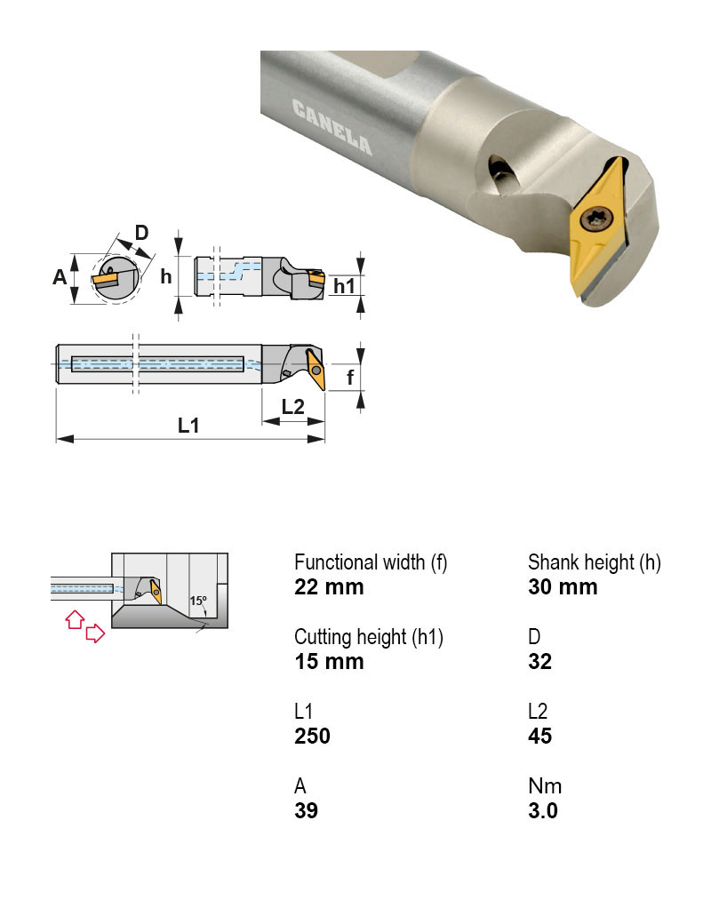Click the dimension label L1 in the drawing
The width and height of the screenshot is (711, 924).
click(x=188, y=426)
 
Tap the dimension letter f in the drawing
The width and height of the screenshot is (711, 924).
click(x=350, y=377)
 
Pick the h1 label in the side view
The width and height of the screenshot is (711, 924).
click(x=344, y=285)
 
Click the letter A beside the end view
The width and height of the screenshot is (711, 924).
click(x=60, y=277)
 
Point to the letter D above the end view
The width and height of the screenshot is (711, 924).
click(x=141, y=234)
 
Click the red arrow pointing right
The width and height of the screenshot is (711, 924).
click(x=94, y=633)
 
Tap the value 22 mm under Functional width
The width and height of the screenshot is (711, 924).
click(x=329, y=587)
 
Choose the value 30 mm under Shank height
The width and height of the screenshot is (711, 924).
click(x=563, y=587)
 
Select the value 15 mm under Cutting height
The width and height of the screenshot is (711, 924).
click(x=329, y=662)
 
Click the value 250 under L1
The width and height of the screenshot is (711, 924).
click(x=312, y=737)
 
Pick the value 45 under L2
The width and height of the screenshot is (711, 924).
click(x=539, y=737)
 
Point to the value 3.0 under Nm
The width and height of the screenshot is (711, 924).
click(x=543, y=811)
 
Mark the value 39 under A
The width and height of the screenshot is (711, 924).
click(x=306, y=811)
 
